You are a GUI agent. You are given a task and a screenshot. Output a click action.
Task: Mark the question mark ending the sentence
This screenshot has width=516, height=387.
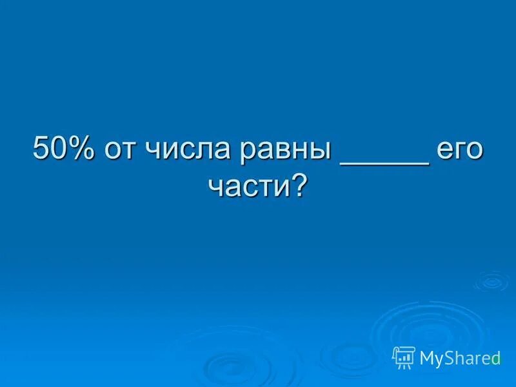tap(299, 185)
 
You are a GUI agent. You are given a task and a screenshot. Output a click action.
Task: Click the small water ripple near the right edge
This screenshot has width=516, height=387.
tap(491, 281)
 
